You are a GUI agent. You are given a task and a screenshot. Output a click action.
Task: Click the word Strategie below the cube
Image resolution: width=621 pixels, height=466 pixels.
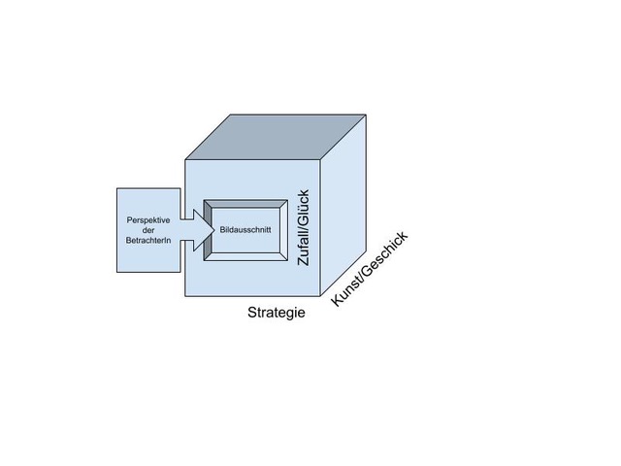[x=277, y=313]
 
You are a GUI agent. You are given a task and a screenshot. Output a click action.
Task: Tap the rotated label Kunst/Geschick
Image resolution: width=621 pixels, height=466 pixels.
[x=370, y=269]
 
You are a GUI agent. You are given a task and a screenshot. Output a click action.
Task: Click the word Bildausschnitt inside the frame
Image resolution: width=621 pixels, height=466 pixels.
[x=245, y=231]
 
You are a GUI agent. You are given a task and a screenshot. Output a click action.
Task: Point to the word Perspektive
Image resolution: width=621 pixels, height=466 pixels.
[x=148, y=219]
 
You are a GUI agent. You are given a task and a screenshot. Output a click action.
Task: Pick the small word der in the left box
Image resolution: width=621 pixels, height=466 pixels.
[x=148, y=231]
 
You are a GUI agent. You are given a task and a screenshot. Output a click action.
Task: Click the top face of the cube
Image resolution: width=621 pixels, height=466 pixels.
[x=277, y=135]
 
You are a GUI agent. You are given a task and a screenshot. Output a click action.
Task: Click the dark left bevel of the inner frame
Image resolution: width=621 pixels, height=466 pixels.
[x=207, y=231]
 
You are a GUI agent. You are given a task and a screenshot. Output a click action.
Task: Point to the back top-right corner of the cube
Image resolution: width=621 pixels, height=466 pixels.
[x=366, y=115]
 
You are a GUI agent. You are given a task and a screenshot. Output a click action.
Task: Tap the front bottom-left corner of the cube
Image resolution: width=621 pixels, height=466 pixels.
[x=185, y=297]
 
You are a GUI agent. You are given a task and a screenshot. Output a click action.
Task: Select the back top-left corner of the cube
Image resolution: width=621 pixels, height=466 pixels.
[x=231, y=115]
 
